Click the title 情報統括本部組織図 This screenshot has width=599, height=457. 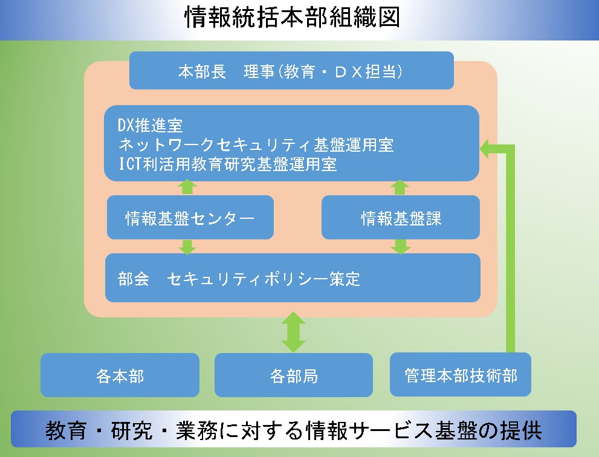tap(292, 18)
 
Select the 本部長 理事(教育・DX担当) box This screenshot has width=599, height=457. tap(291, 71)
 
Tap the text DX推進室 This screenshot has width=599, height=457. tap(150, 125)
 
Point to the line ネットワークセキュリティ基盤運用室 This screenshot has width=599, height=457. tap(256, 145)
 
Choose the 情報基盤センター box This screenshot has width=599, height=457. tap(190, 218)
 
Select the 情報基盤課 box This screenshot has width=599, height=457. tap(401, 218)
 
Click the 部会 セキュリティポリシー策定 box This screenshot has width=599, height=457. tap(293, 278)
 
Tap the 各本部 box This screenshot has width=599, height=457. tap(120, 375)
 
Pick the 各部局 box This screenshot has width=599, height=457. tap(294, 375)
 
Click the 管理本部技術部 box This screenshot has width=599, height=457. tap(461, 374)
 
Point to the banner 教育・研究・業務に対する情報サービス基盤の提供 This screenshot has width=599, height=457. tap(293, 429)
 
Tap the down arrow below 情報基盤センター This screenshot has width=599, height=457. tap(187, 247)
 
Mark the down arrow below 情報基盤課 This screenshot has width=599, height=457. tap(401, 247)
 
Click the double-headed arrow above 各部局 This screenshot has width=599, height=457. tap(293, 332)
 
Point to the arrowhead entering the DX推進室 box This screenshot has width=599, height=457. tap(485, 149)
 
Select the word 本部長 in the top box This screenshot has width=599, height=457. tap(202, 71)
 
